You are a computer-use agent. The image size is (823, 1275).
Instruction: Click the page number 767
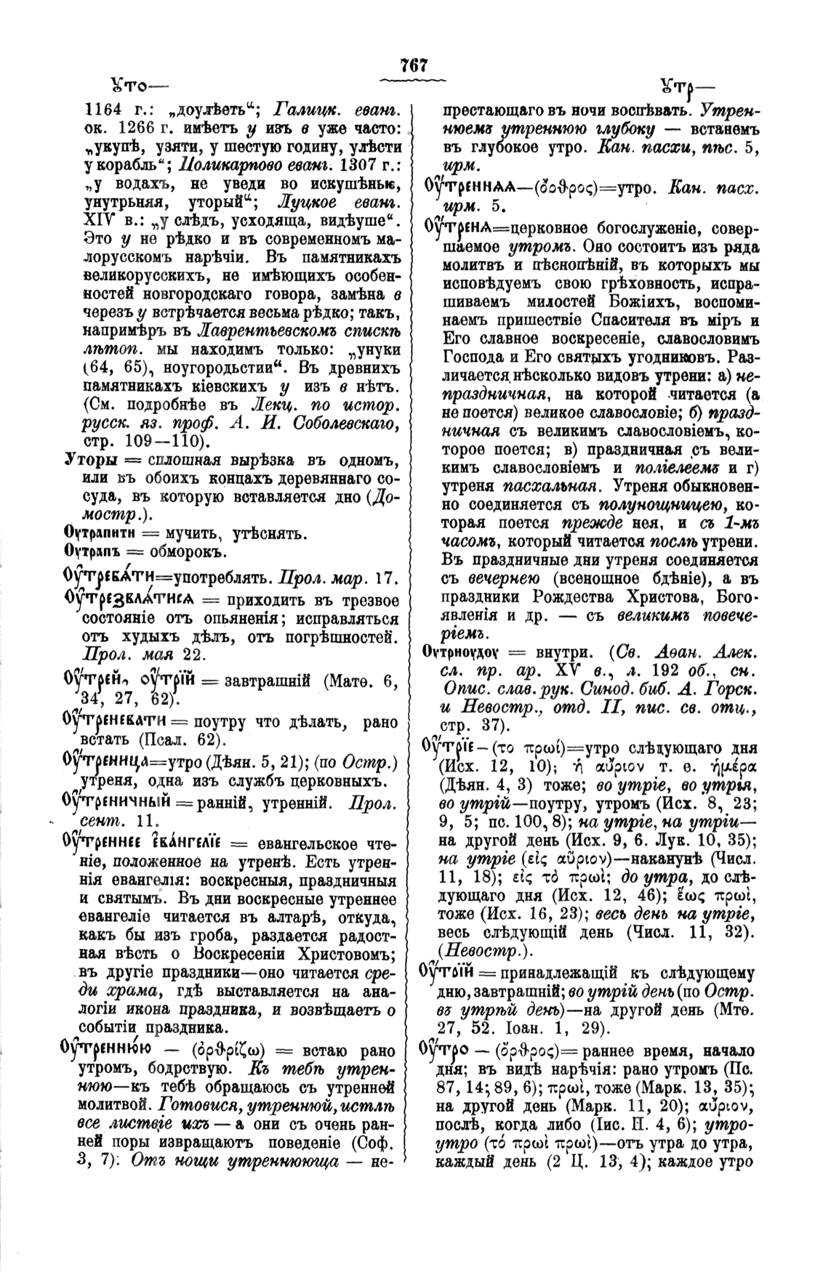412,65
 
